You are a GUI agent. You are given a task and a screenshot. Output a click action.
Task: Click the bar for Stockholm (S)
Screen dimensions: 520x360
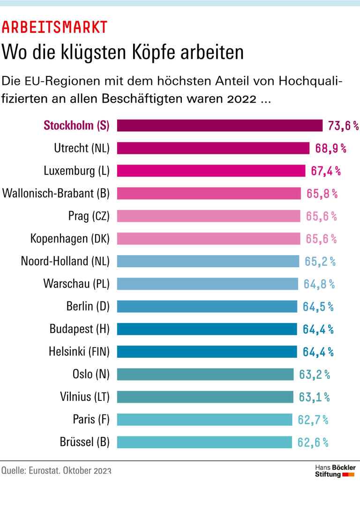pos(219,126)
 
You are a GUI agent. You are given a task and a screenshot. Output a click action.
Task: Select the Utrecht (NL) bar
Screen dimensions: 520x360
pos(213,148)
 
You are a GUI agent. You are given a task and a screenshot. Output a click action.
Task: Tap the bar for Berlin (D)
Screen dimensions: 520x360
pos(207,307)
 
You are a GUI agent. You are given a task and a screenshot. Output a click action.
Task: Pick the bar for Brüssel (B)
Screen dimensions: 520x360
pos(204,442)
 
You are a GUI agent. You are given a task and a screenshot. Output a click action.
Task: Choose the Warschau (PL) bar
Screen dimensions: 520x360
pos(207,284)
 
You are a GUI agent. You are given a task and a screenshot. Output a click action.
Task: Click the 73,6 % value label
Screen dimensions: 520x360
pos(343,126)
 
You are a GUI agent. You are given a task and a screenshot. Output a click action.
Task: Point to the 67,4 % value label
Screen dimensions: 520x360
pos(326,171)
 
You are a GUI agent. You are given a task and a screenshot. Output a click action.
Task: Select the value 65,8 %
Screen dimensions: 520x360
pos(322,193)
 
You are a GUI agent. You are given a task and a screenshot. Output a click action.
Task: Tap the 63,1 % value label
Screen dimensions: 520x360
pos(314,397)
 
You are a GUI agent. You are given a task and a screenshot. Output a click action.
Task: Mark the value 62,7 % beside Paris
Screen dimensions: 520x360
pos(313,420)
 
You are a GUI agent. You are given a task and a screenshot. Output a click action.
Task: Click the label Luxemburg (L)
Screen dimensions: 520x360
pos(76,171)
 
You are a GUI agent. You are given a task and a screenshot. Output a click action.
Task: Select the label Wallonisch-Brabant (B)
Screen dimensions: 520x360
pos(56,193)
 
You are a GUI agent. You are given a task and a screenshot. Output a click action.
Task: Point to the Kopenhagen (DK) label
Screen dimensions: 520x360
pos(70,239)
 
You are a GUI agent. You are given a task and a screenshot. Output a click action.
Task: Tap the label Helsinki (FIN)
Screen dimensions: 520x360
pos(79,352)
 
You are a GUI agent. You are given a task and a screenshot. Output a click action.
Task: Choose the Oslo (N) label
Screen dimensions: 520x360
pos(91,374)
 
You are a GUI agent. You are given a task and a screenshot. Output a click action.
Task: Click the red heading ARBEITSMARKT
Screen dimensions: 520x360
pos(54,28)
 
